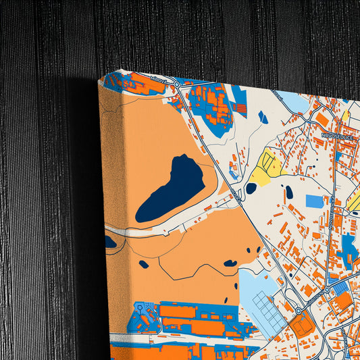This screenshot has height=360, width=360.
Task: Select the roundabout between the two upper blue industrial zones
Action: pos(177,84)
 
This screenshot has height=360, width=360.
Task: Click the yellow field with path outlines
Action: pos(264,170)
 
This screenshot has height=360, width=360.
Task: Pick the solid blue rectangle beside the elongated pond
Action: pos(314,201)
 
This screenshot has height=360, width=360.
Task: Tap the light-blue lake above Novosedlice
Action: pos(293,102)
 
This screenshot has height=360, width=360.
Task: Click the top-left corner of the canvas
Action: pos(99,81)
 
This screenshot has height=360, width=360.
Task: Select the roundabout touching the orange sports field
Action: pos(298,311)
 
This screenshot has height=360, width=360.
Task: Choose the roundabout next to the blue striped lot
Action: pos(328,290)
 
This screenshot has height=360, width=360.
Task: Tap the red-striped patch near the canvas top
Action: pos(240,107)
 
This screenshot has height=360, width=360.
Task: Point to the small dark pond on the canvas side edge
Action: pos(110,241)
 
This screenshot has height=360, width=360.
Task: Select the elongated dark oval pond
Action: pos(289,192)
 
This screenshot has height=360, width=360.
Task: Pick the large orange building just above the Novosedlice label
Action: pos(322,120)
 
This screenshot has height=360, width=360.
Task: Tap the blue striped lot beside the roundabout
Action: pos(341,287)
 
